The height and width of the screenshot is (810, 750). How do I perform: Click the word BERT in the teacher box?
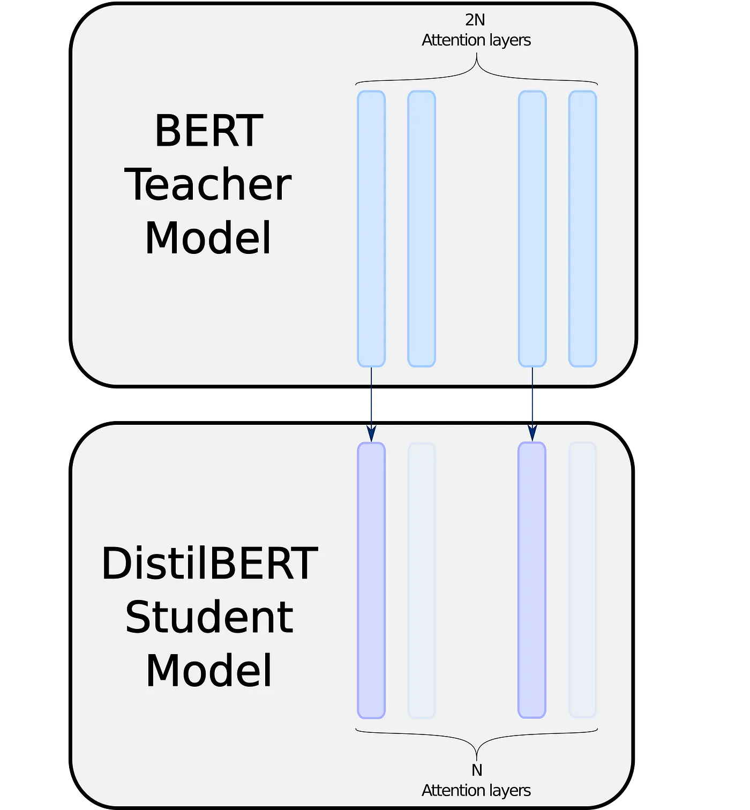point(208,131)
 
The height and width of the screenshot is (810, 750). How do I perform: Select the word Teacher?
point(208,184)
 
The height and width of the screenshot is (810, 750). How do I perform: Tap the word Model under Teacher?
point(208,238)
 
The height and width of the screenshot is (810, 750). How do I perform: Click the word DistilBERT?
point(209,564)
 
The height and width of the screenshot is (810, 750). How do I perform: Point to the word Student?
point(209,617)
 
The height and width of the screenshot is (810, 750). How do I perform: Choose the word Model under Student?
point(209,671)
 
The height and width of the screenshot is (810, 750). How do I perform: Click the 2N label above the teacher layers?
point(475,20)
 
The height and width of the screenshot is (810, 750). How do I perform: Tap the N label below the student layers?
point(477,770)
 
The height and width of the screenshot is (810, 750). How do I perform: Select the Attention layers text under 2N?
point(476,40)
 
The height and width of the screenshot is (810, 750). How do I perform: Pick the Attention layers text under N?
point(476,791)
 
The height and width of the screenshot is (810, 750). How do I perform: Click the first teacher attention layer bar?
point(371,229)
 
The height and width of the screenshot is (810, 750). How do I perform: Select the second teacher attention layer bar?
point(422,229)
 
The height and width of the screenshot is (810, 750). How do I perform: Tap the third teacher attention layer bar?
point(532,229)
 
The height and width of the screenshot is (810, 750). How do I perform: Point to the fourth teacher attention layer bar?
point(582,229)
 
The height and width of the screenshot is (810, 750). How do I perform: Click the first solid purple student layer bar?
point(371,580)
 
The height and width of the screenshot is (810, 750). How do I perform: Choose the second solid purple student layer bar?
point(532,580)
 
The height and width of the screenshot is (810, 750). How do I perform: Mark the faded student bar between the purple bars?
point(422,580)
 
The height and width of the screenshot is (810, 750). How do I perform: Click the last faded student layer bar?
point(582,580)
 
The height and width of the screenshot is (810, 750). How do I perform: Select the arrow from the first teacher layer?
point(371,404)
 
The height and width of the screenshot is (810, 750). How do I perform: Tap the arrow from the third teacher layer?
point(532,404)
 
